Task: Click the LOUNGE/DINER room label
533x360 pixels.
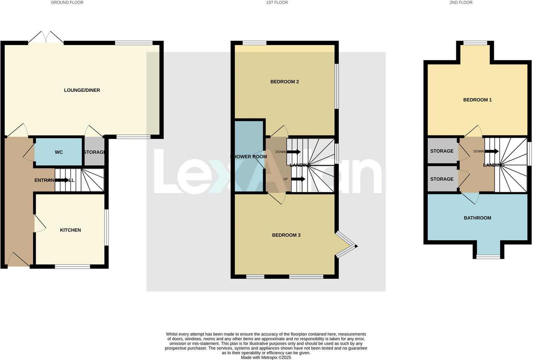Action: tap(82, 90)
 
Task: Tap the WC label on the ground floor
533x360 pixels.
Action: tap(59, 152)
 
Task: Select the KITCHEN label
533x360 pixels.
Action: tap(70, 230)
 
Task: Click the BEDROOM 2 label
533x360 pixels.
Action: tap(284, 82)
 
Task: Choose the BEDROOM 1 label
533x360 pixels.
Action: tap(477, 100)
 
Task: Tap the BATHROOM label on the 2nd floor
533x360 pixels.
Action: tap(477, 218)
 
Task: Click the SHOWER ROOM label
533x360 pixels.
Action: tap(249, 157)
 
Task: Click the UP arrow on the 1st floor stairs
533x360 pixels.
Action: tap(298, 179)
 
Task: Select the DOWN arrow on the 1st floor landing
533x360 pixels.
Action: tap(293, 152)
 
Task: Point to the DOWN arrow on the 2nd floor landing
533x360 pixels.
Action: tap(491, 151)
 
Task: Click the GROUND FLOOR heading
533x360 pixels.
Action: tap(67, 2)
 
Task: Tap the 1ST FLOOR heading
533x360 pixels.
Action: tap(277, 2)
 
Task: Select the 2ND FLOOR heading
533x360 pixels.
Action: tap(461, 2)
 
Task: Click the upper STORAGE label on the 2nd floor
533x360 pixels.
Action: tap(442, 151)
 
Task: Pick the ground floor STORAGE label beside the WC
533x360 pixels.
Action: tap(94, 152)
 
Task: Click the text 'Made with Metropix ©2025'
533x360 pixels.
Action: tap(266, 358)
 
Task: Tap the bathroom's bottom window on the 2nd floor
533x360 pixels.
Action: tap(488, 257)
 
